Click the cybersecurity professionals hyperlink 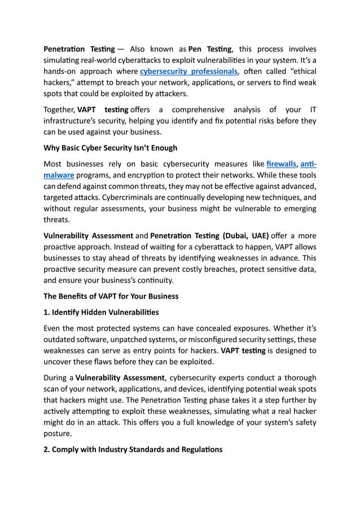point(188,72)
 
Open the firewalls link point(281,164)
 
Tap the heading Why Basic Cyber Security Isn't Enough point(111,148)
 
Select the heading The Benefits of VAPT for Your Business point(111,296)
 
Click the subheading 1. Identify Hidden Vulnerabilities point(101,311)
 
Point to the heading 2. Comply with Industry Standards point(133,449)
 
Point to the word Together point(59,109)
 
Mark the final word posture point(59,434)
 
